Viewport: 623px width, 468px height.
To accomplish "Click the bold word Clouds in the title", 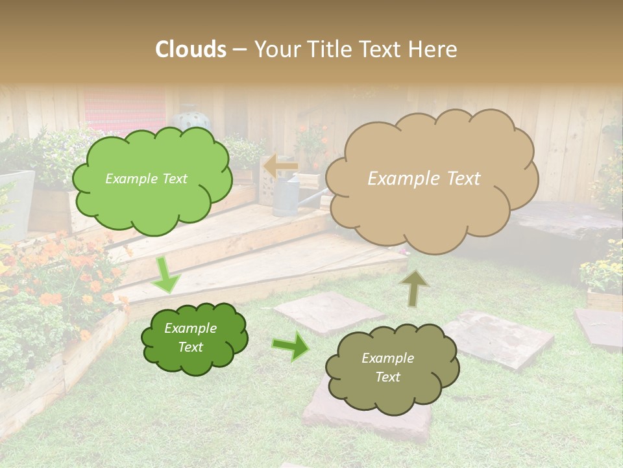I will tap(191, 49).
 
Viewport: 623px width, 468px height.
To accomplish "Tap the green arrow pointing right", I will tap(291, 346).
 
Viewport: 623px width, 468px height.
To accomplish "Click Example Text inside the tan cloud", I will tap(424, 179).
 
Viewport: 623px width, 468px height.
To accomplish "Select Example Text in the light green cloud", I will tap(146, 179).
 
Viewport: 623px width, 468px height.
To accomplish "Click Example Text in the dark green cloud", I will tap(191, 338).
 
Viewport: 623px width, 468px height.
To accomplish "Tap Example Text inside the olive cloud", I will tap(388, 368).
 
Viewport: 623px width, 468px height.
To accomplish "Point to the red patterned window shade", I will tap(124, 107).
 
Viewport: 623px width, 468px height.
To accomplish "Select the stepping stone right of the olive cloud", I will tap(500, 338).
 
